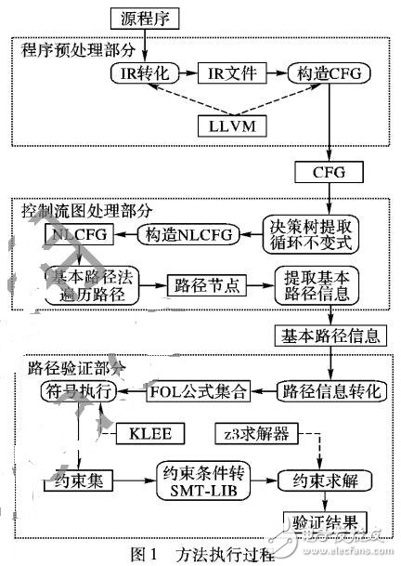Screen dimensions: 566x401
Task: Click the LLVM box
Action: point(234,123)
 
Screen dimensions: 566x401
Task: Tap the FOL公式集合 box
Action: point(198,391)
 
